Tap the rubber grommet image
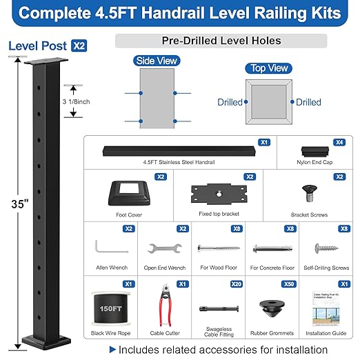coord(272,306)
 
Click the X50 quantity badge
coord(290,283)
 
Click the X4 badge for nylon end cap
coord(340,142)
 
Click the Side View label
coord(159,61)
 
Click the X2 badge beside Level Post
coord(78,46)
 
